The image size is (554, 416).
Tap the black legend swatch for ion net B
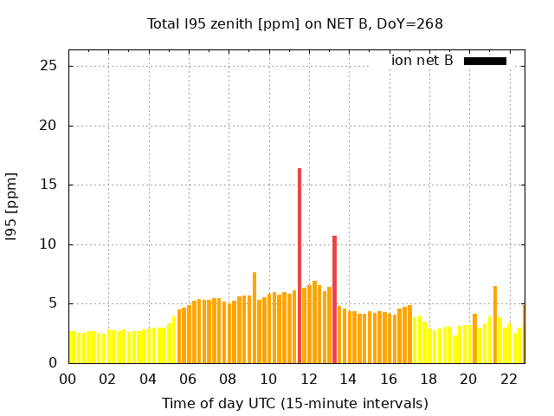485,61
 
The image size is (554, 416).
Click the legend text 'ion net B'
422,61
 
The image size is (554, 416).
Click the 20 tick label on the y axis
48,126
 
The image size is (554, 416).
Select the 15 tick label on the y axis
48,185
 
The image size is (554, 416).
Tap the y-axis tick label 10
48,244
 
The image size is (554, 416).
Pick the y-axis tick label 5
52,304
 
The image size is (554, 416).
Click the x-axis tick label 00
68,379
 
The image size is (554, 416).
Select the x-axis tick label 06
188,379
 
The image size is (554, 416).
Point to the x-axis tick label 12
308,379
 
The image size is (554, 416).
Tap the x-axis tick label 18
428,379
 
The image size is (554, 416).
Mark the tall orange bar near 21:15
495,325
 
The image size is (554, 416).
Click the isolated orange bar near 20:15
474,339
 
